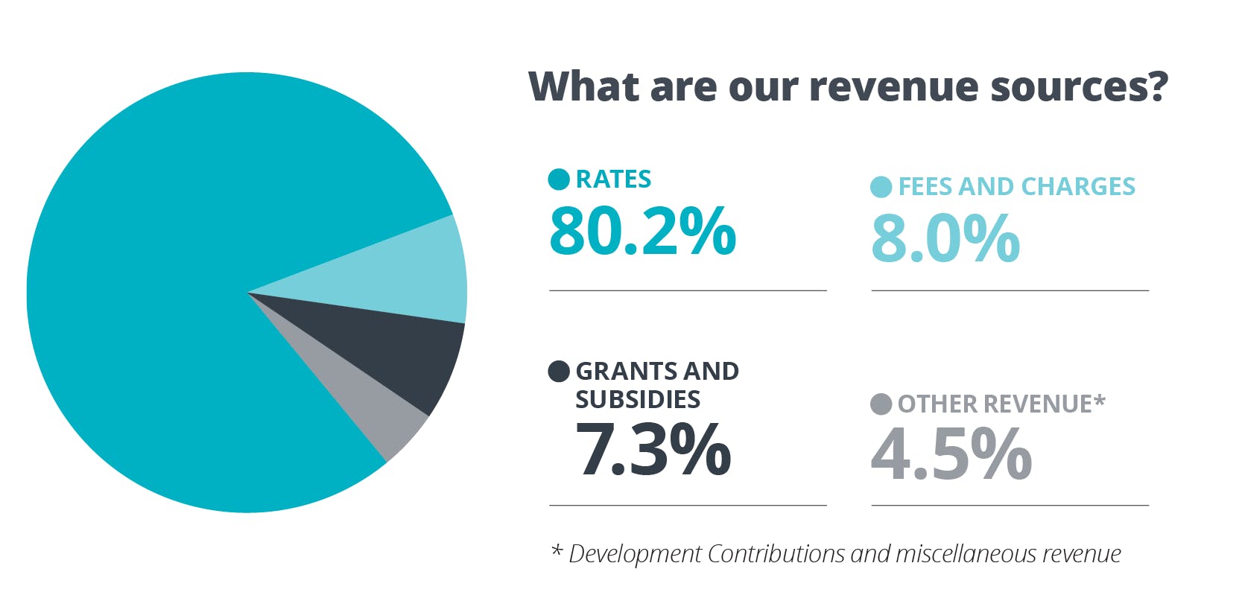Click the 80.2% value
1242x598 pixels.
642,231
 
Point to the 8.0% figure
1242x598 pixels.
945,238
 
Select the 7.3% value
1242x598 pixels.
653,449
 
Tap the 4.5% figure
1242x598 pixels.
951,454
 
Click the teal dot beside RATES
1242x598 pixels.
559,179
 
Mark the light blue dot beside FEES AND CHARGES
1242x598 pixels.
881,187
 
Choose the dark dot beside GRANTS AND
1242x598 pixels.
559,371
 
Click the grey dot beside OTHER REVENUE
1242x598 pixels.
881,404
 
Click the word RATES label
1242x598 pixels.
613,179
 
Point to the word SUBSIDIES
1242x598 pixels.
638,400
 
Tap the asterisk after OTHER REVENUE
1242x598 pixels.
1100,401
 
